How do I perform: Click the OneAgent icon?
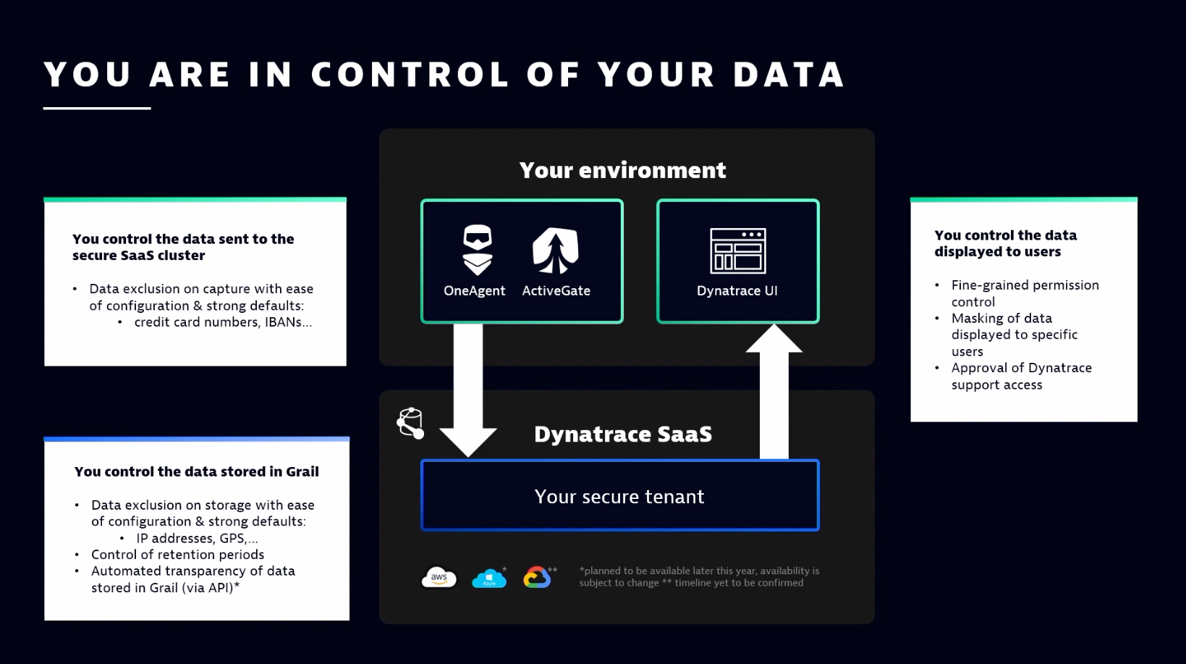tap(477, 250)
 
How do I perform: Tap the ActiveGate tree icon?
tap(556, 251)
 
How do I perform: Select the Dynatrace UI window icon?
tap(737, 251)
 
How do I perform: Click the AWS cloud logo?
tap(439, 578)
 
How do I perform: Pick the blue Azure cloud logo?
tap(488, 579)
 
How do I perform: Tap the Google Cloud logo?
tap(537, 577)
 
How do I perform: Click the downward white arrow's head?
tap(467, 440)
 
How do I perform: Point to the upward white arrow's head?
tap(774, 339)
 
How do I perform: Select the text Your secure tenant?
tap(619, 497)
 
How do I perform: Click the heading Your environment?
tap(622, 170)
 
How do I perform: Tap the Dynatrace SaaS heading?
tap(622, 434)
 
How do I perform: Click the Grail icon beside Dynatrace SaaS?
tap(410, 423)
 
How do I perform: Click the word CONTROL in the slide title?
tap(410, 75)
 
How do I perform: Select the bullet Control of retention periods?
tap(177, 555)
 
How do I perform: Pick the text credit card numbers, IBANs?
tap(222, 322)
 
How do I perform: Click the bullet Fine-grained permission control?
tap(1024, 293)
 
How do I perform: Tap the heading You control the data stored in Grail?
tap(196, 471)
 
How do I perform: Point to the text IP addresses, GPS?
tap(196, 538)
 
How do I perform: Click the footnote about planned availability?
tap(698, 576)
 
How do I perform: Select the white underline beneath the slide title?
tap(97, 108)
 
